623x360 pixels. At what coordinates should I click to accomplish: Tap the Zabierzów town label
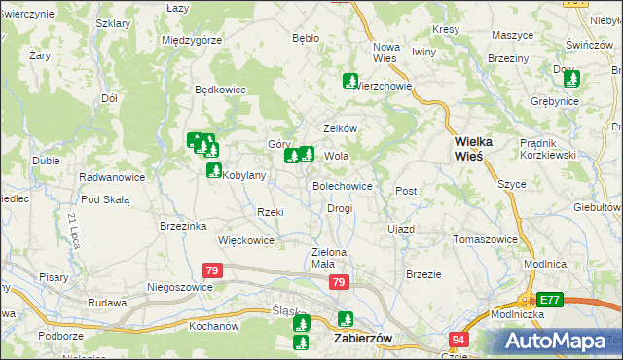pyautogui.click(x=362, y=339)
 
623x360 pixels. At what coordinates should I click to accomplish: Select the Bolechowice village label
pyautogui.click(x=342, y=185)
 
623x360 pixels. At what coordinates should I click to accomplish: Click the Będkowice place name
pyautogui.click(x=221, y=90)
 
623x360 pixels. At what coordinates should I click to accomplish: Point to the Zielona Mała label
pyautogui.click(x=329, y=258)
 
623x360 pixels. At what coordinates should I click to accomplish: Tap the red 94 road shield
pyautogui.click(x=458, y=339)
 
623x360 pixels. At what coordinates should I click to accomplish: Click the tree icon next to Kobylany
pyautogui.click(x=213, y=171)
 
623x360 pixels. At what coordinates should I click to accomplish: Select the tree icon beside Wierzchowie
pyautogui.click(x=348, y=82)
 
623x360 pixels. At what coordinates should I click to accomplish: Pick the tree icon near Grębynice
pyautogui.click(x=572, y=80)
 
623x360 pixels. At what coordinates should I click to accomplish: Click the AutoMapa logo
pyautogui.click(x=557, y=342)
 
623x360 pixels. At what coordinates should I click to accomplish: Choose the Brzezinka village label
pyautogui.click(x=184, y=226)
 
